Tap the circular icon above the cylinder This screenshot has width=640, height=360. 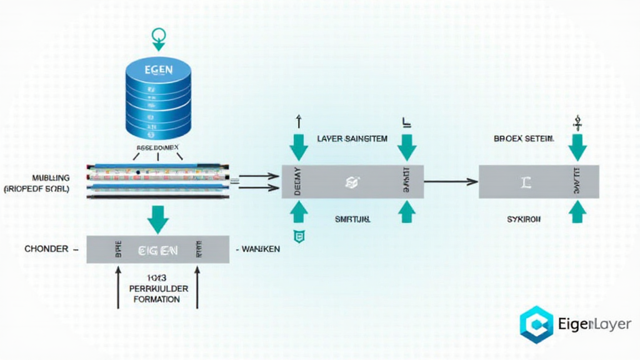(159, 34)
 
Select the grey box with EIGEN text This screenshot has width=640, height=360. (156, 250)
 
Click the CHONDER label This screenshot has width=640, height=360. (46, 249)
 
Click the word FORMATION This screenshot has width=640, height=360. (157, 299)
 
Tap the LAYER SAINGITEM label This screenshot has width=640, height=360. (352, 139)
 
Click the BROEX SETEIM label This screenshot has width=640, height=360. (524, 139)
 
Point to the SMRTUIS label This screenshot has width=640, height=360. (352, 220)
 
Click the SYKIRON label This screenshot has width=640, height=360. (524, 220)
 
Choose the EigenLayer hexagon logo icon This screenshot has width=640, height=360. (536, 324)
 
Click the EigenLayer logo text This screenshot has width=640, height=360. (592, 324)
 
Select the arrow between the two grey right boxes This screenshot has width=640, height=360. (451, 182)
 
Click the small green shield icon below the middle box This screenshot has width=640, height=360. (299, 236)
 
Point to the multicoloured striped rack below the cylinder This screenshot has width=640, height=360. (157, 181)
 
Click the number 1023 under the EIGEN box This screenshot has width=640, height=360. (157, 278)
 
